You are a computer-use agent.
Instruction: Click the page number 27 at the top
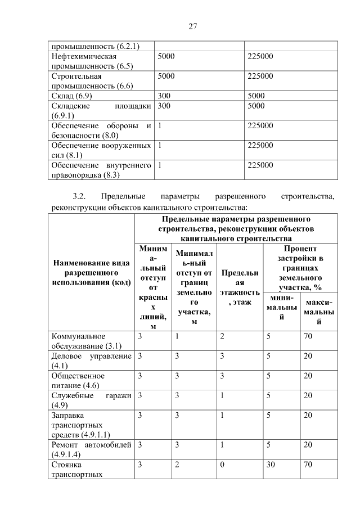191,26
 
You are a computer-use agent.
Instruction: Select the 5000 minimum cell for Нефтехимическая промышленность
166,56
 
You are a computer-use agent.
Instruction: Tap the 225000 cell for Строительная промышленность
260,76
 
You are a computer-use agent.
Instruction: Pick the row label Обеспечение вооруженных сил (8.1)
101,150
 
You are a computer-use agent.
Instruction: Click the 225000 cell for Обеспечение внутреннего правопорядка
260,165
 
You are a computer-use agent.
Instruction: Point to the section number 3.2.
79,197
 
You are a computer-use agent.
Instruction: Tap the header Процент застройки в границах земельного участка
300,268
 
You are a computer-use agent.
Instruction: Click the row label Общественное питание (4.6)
78,380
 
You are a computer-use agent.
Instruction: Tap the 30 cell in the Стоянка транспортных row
271,465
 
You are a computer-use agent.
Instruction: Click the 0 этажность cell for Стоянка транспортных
222,465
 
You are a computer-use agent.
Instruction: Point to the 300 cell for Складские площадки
164,105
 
